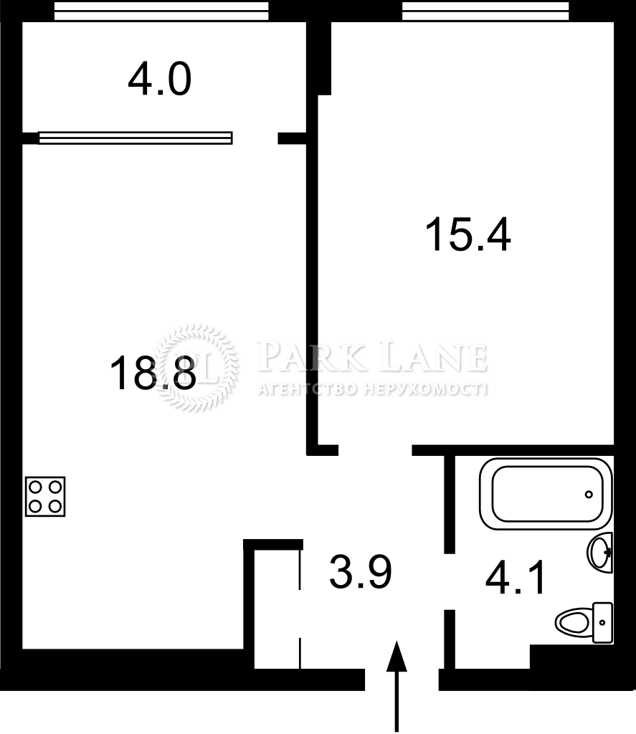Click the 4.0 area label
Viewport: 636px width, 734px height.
(160, 80)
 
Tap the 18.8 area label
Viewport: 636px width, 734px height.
(153, 373)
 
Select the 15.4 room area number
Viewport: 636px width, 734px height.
(468, 235)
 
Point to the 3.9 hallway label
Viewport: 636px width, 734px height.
(361, 572)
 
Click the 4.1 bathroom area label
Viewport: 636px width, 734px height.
(515, 578)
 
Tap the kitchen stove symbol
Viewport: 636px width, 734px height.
(45, 497)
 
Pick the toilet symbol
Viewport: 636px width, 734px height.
(584, 623)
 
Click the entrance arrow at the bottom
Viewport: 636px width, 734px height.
(397, 686)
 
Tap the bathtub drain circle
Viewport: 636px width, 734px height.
(589, 495)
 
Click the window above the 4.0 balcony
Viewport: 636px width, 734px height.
(161, 11)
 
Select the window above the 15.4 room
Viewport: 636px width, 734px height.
(485, 11)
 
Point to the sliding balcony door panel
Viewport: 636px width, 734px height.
(136, 138)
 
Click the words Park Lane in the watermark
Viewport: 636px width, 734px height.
(372, 357)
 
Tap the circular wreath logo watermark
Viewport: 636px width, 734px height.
(196, 368)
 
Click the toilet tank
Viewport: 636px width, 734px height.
(603, 623)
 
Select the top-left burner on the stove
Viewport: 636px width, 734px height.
(36, 487)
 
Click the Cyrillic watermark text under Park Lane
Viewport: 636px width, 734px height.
(372, 389)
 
